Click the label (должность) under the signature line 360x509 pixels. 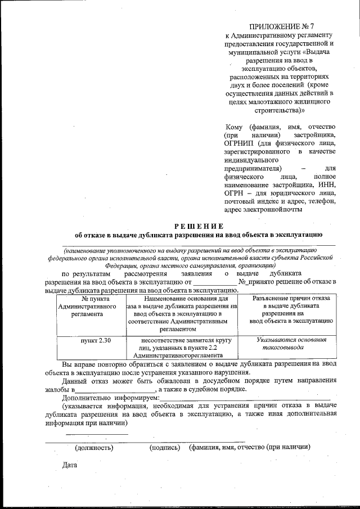tap(94, 448)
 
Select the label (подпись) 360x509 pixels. tap(164, 448)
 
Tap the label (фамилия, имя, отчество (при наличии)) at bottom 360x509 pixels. tap(250, 448)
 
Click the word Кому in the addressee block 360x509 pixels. tap(233, 127)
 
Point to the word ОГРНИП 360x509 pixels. tap(240, 143)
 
